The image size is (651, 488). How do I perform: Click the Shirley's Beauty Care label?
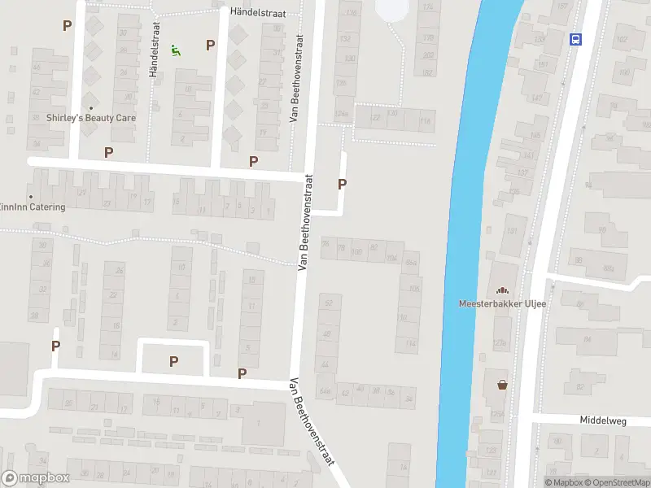(91, 118)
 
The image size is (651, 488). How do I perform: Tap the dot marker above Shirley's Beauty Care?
(91, 107)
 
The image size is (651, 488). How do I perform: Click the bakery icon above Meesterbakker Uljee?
(501, 290)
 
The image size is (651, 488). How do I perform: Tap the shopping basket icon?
(502, 384)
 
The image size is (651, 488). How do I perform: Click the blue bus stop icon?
(575, 38)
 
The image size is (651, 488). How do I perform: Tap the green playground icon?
(176, 50)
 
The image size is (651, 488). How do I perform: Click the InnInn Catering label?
(33, 207)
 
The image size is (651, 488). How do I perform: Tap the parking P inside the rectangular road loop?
(173, 361)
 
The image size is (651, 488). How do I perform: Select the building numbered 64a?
(325, 391)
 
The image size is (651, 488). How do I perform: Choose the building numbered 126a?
(343, 113)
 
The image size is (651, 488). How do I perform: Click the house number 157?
(561, 7)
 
